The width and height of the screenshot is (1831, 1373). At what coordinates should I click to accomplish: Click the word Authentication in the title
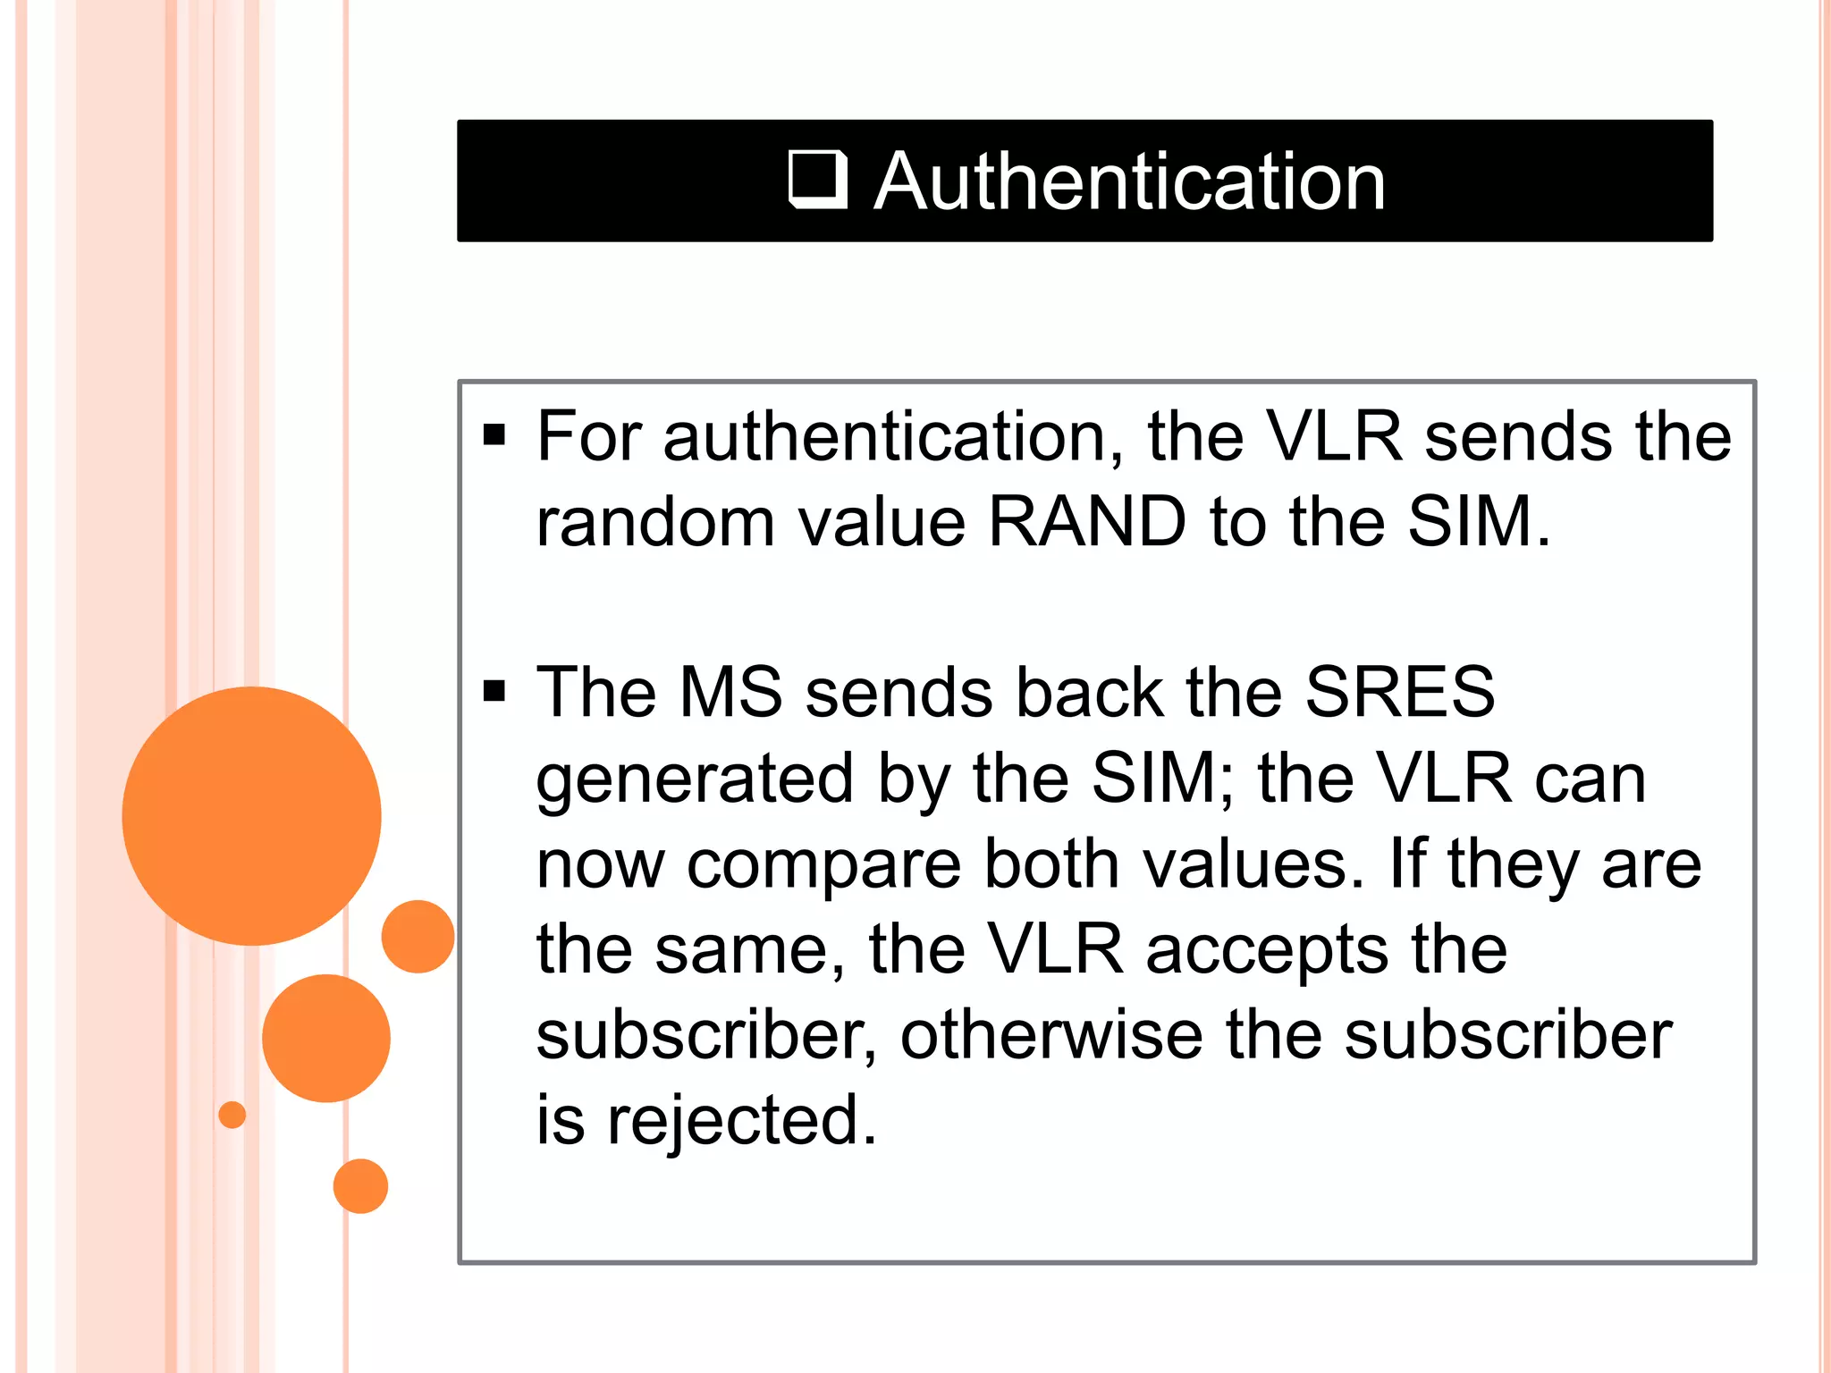(x=1129, y=181)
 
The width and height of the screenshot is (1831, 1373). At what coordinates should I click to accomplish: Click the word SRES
(x=1399, y=692)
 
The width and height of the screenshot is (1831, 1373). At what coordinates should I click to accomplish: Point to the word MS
(x=730, y=692)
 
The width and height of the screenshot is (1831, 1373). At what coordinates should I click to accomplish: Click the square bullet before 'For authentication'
(x=494, y=435)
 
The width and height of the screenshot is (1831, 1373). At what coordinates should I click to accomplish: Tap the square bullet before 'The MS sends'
(x=494, y=691)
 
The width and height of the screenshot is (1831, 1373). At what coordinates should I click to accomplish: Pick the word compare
(x=823, y=865)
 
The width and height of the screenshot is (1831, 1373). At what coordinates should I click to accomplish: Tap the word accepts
(x=1267, y=949)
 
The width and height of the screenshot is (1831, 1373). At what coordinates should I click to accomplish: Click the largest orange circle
(x=251, y=815)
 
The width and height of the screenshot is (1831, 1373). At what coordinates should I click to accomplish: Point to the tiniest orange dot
(x=232, y=1115)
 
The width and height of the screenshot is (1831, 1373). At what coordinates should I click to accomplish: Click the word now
(x=600, y=865)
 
